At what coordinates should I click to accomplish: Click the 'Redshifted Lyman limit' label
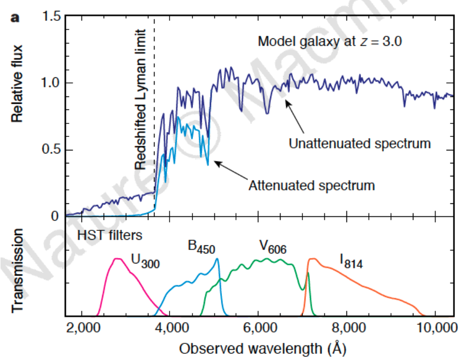[141, 99]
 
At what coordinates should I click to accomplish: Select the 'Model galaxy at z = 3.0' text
[330, 41]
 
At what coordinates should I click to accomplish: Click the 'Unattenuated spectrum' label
[359, 144]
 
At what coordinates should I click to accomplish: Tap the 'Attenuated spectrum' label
[311, 185]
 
